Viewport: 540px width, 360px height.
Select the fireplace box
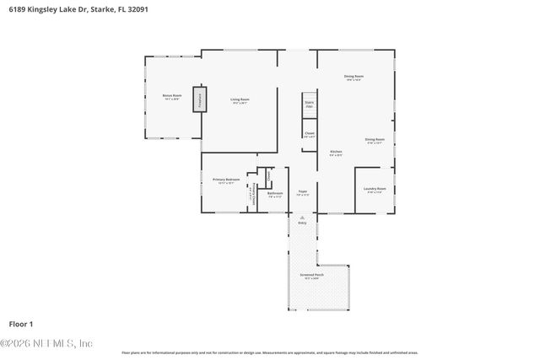click(x=200, y=99)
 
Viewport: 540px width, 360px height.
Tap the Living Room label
click(x=240, y=100)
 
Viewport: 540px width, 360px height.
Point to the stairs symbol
click(x=309, y=105)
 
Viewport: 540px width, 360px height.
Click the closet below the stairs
click(x=309, y=134)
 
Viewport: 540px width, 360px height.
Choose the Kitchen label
click(x=335, y=153)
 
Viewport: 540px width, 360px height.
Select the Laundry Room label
click(x=375, y=190)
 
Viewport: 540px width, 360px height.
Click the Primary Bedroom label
click(x=226, y=180)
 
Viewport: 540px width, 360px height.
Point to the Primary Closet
click(x=251, y=196)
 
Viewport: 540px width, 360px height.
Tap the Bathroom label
click(x=275, y=194)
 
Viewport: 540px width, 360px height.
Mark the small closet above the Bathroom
click(x=269, y=177)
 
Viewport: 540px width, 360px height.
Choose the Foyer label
click(x=302, y=192)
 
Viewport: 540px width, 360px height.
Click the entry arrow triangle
click(x=302, y=217)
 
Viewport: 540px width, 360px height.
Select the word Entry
click(x=302, y=223)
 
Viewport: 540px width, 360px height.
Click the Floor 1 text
click(x=20, y=324)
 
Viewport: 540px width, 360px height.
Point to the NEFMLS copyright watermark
click(x=47, y=343)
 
